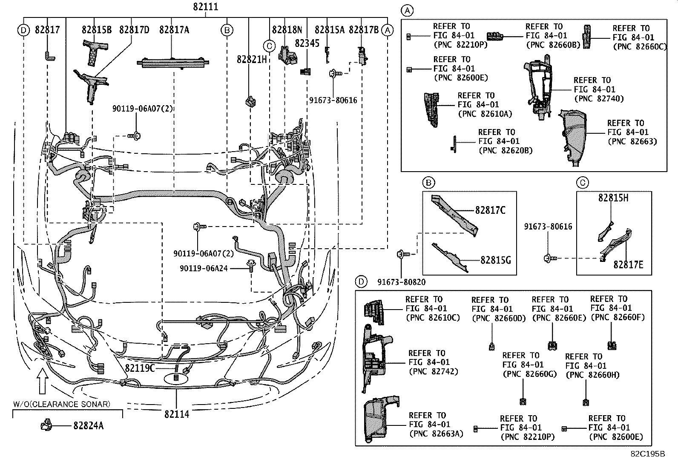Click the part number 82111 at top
click(206, 7)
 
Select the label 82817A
click(174, 30)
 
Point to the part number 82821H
click(252, 60)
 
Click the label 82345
click(307, 43)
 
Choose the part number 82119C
click(140, 368)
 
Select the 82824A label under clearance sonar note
click(88, 425)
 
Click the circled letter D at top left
click(23, 30)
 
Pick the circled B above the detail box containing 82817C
click(428, 183)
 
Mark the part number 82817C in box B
click(490, 210)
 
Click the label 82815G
click(495, 260)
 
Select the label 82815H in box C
click(613, 198)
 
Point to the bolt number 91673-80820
click(401, 282)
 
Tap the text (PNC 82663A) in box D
click(436, 434)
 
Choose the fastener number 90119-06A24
click(204, 268)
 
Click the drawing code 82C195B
click(648, 454)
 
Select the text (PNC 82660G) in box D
click(529, 374)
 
